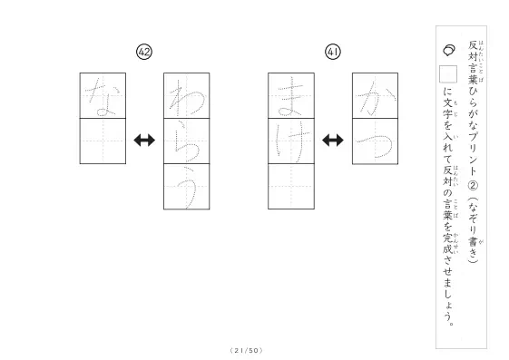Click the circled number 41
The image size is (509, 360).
tap(333, 52)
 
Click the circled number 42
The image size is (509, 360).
tap(144, 52)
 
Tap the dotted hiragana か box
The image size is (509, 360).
tap(375, 96)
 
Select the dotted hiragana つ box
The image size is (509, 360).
tap(375, 141)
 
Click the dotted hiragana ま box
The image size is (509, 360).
tap(291, 96)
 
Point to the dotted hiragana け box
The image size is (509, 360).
tap(291, 141)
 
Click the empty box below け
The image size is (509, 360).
tap(291, 187)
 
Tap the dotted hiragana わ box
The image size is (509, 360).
tap(187, 96)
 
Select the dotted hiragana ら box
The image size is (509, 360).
tap(187, 141)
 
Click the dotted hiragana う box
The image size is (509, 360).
tap(187, 187)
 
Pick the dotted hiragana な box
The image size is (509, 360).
tap(103, 96)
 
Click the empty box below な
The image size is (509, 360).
tap(103, 141)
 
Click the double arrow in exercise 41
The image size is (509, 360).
tap(333, 141)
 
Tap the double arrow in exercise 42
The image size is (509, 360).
tap(144, 141)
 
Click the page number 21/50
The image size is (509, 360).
tap(246, 350)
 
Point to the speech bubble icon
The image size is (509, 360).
tap(449, 50)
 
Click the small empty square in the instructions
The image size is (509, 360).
tap(448, 74)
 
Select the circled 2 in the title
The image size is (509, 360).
tap(474, 186)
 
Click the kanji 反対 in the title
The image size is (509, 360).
tap(473, 51)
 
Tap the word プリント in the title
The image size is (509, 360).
tap(474, 155)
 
